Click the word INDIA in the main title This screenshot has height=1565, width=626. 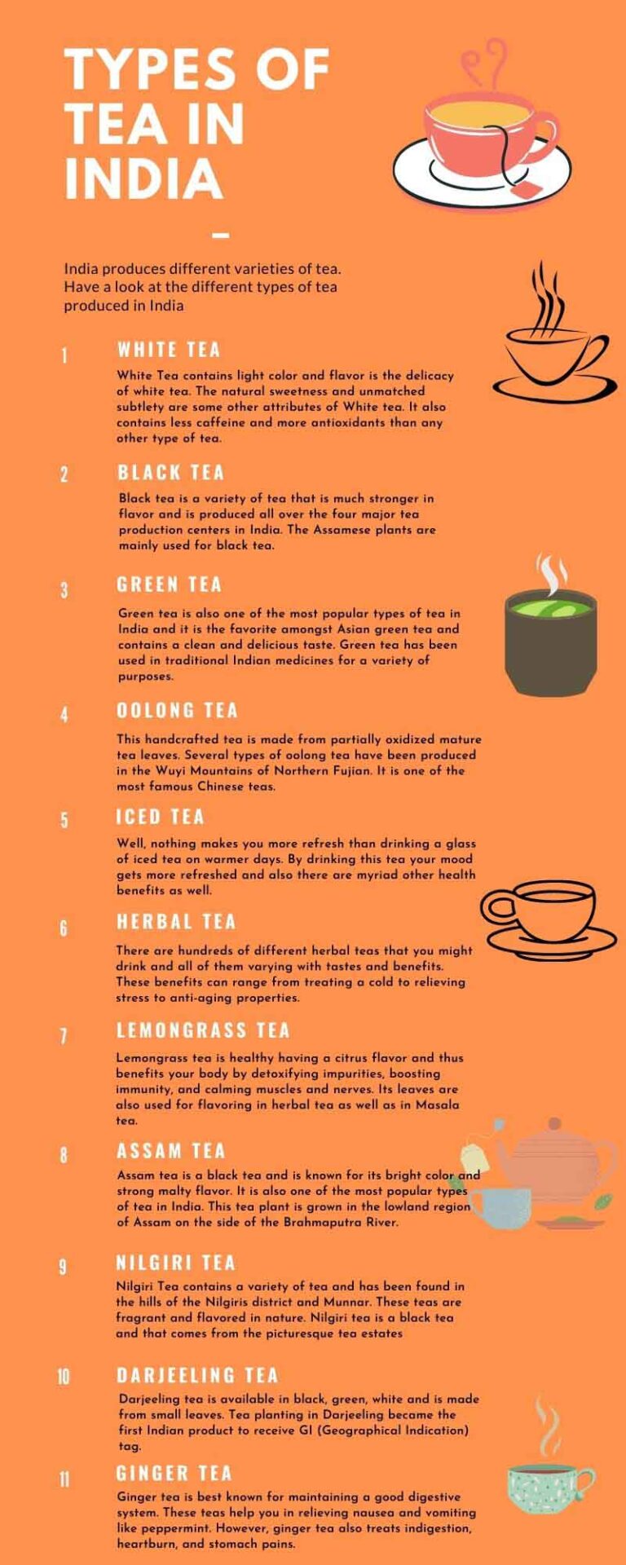point(143,179)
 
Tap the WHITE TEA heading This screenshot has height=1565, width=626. point(169,350)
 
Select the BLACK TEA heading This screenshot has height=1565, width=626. point(170,473)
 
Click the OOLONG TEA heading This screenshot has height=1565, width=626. point(177,710)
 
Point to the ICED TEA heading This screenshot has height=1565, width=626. point(160,817)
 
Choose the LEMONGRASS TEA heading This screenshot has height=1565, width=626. point(203,1030)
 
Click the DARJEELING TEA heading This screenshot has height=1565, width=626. point(197,1376)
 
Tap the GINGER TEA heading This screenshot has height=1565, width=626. point(174,1474)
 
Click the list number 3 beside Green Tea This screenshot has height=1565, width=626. point(64,589)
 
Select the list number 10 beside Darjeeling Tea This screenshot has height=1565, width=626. point(64,1378)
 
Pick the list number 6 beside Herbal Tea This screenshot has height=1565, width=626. point(64,928)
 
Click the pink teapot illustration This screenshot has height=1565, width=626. point(554,1162)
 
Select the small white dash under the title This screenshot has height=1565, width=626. point(220,236)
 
